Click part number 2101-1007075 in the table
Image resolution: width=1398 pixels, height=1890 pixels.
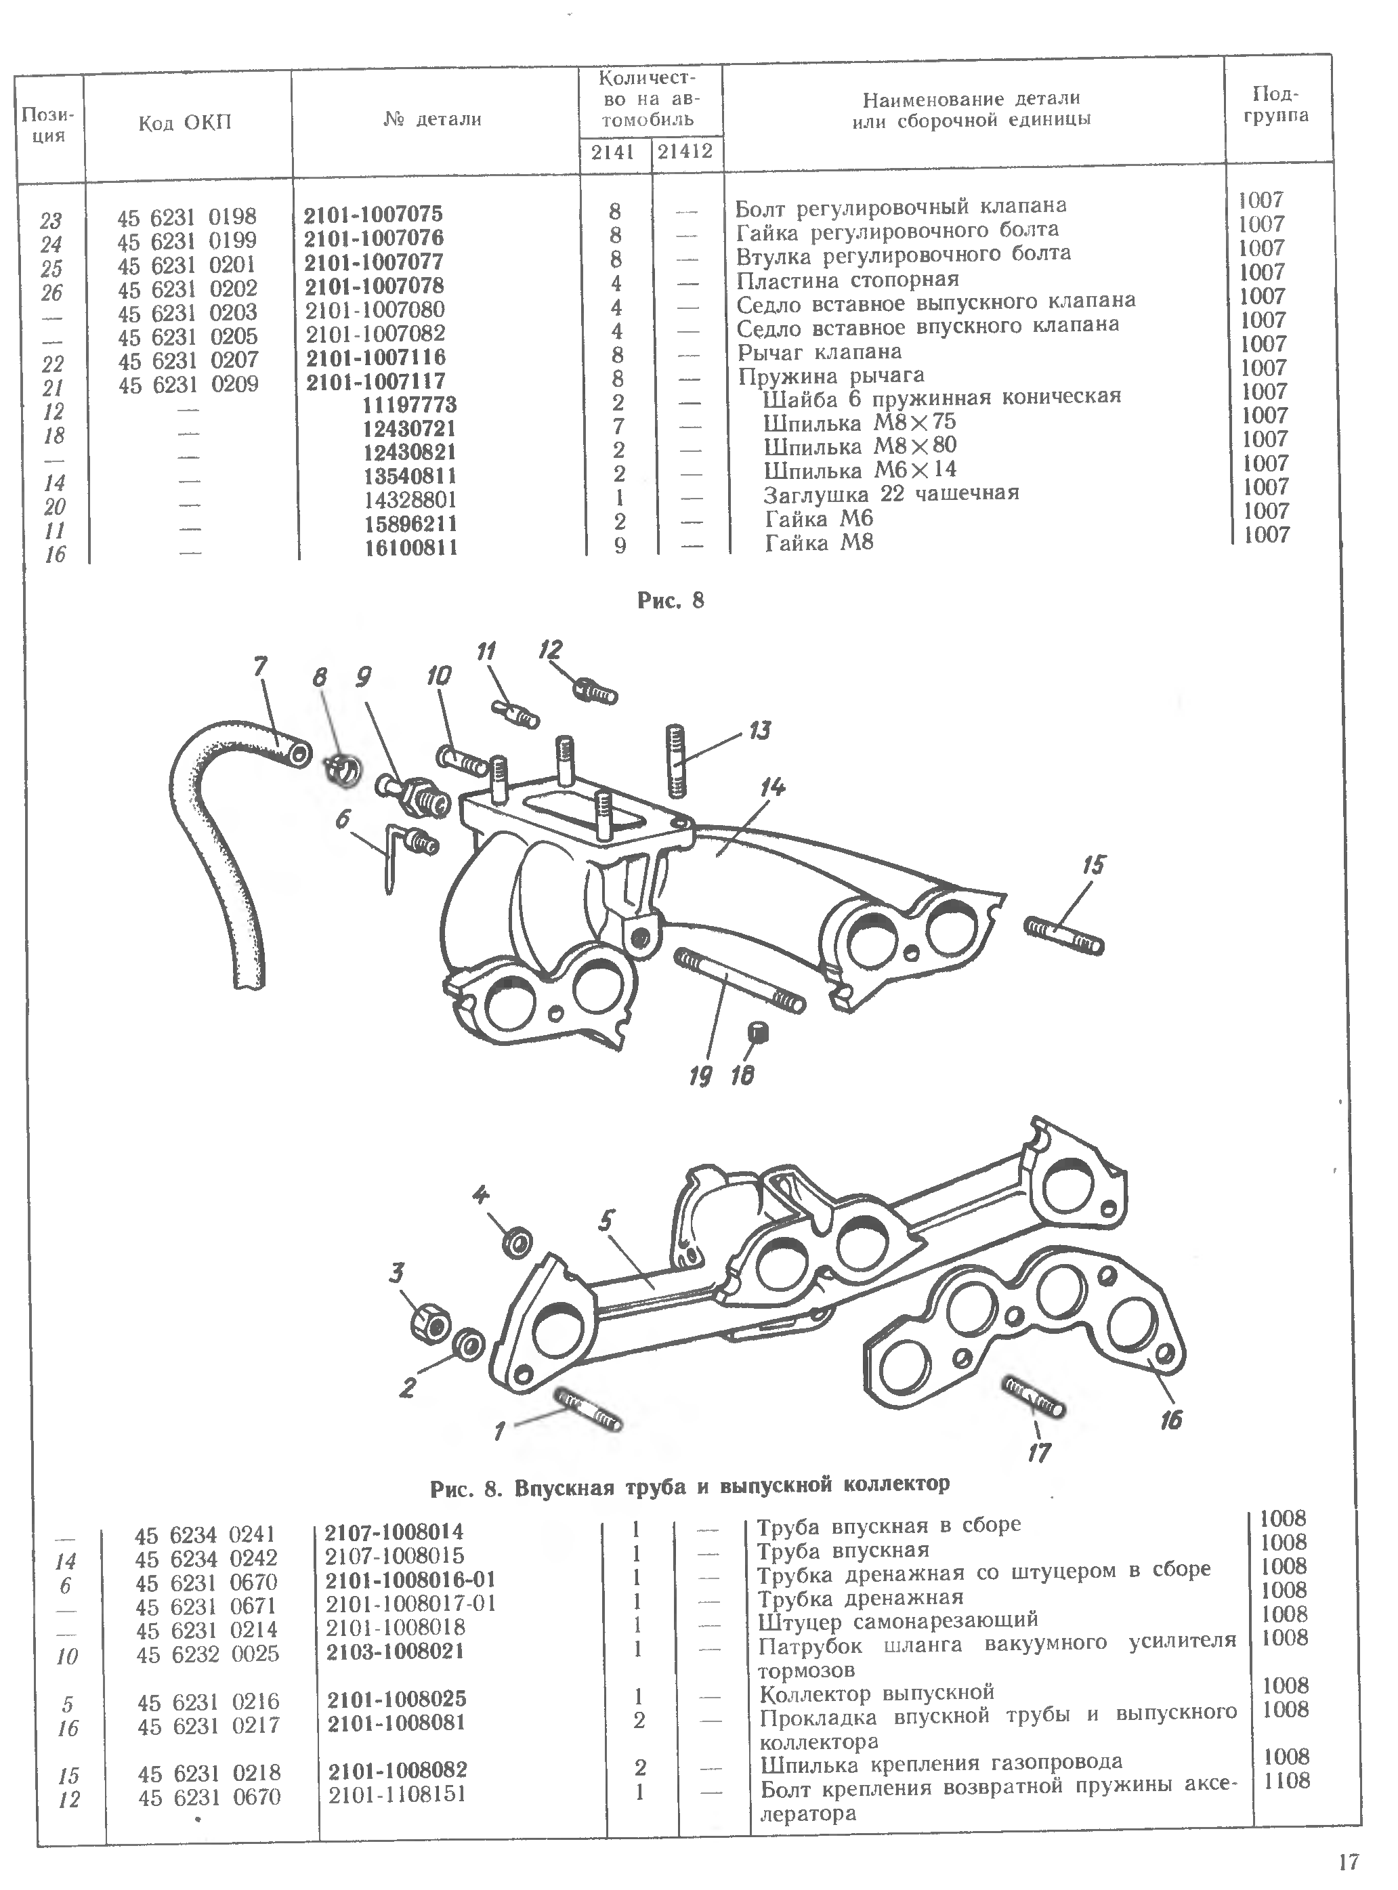373,214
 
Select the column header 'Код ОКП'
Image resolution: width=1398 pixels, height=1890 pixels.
184,123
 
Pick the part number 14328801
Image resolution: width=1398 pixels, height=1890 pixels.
410,499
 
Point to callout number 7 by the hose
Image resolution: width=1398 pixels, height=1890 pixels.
260,667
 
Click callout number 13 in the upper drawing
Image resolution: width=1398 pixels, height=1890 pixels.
759,730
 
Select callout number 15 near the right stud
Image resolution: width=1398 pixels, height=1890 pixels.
1093,865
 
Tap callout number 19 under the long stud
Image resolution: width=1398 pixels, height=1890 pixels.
700,1076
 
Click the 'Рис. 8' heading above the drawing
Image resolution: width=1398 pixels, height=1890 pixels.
671,601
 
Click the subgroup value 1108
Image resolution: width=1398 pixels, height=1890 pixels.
1286,1781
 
